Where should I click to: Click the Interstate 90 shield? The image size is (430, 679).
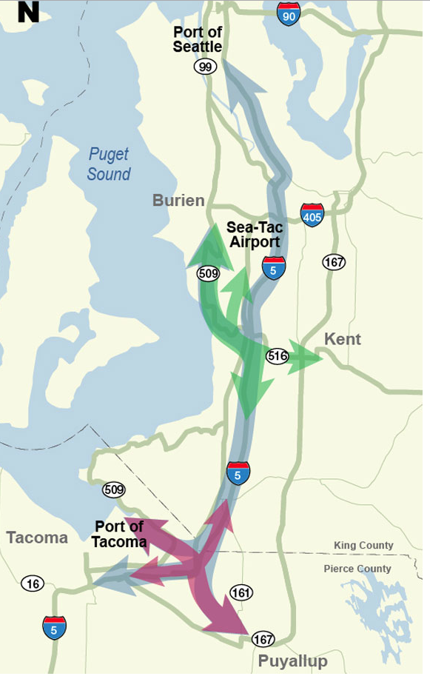[289, 14]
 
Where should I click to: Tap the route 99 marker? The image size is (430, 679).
[205, 67]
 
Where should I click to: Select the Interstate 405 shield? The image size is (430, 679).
[312, 215]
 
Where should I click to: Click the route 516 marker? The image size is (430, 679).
[278, 356]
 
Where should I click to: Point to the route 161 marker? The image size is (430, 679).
[241, 592]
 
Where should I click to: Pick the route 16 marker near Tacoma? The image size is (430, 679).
[33, 583]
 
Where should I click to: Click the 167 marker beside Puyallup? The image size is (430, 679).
[263, 638]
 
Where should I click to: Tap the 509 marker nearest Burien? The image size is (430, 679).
[208, 274]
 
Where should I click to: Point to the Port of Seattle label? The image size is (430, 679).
[197, 40]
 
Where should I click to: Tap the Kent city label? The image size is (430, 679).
[343, 339]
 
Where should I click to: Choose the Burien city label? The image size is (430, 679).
[178, 201]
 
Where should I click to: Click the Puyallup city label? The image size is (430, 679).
[292, 661]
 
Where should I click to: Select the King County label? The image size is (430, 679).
[363, 546]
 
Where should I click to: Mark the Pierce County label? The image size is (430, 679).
[357, 569]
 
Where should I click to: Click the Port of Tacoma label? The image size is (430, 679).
[119, 534]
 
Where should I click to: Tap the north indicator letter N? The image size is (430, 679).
[28, 12]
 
